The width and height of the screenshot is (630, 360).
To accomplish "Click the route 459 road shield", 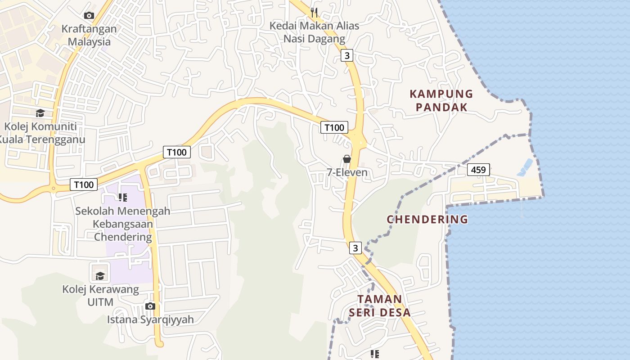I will coord(478,170).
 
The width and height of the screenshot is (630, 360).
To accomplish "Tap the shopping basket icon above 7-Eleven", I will coord(347,159).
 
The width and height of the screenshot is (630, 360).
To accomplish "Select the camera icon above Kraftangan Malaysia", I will coord(89,15).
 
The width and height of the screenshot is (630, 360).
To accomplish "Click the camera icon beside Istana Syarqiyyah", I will coord(150,306).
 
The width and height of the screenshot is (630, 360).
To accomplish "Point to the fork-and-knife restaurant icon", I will coord(314,12).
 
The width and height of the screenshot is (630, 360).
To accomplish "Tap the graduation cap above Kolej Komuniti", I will coord(40,113).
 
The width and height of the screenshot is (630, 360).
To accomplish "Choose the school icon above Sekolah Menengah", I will coord(122,197).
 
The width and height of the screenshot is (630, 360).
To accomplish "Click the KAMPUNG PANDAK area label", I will coord(441,100).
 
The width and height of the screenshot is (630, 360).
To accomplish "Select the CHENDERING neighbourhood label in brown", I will coord(427,220).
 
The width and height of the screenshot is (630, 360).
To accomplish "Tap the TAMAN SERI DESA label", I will coord(379,306).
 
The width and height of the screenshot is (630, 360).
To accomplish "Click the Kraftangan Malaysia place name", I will coord(89,35).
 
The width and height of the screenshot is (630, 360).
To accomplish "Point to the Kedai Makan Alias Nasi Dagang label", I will coord(314,32).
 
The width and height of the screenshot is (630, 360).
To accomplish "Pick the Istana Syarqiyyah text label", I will coord(150,319).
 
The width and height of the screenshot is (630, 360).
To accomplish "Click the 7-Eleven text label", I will coord(347,172).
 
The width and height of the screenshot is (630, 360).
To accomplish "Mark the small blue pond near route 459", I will coord(525,167).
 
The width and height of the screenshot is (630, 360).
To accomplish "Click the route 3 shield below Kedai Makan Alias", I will coord(346,55).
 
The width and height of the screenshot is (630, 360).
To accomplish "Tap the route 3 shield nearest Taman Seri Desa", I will coord(355,248).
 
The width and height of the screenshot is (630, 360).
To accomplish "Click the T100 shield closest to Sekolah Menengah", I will coord(84,184).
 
